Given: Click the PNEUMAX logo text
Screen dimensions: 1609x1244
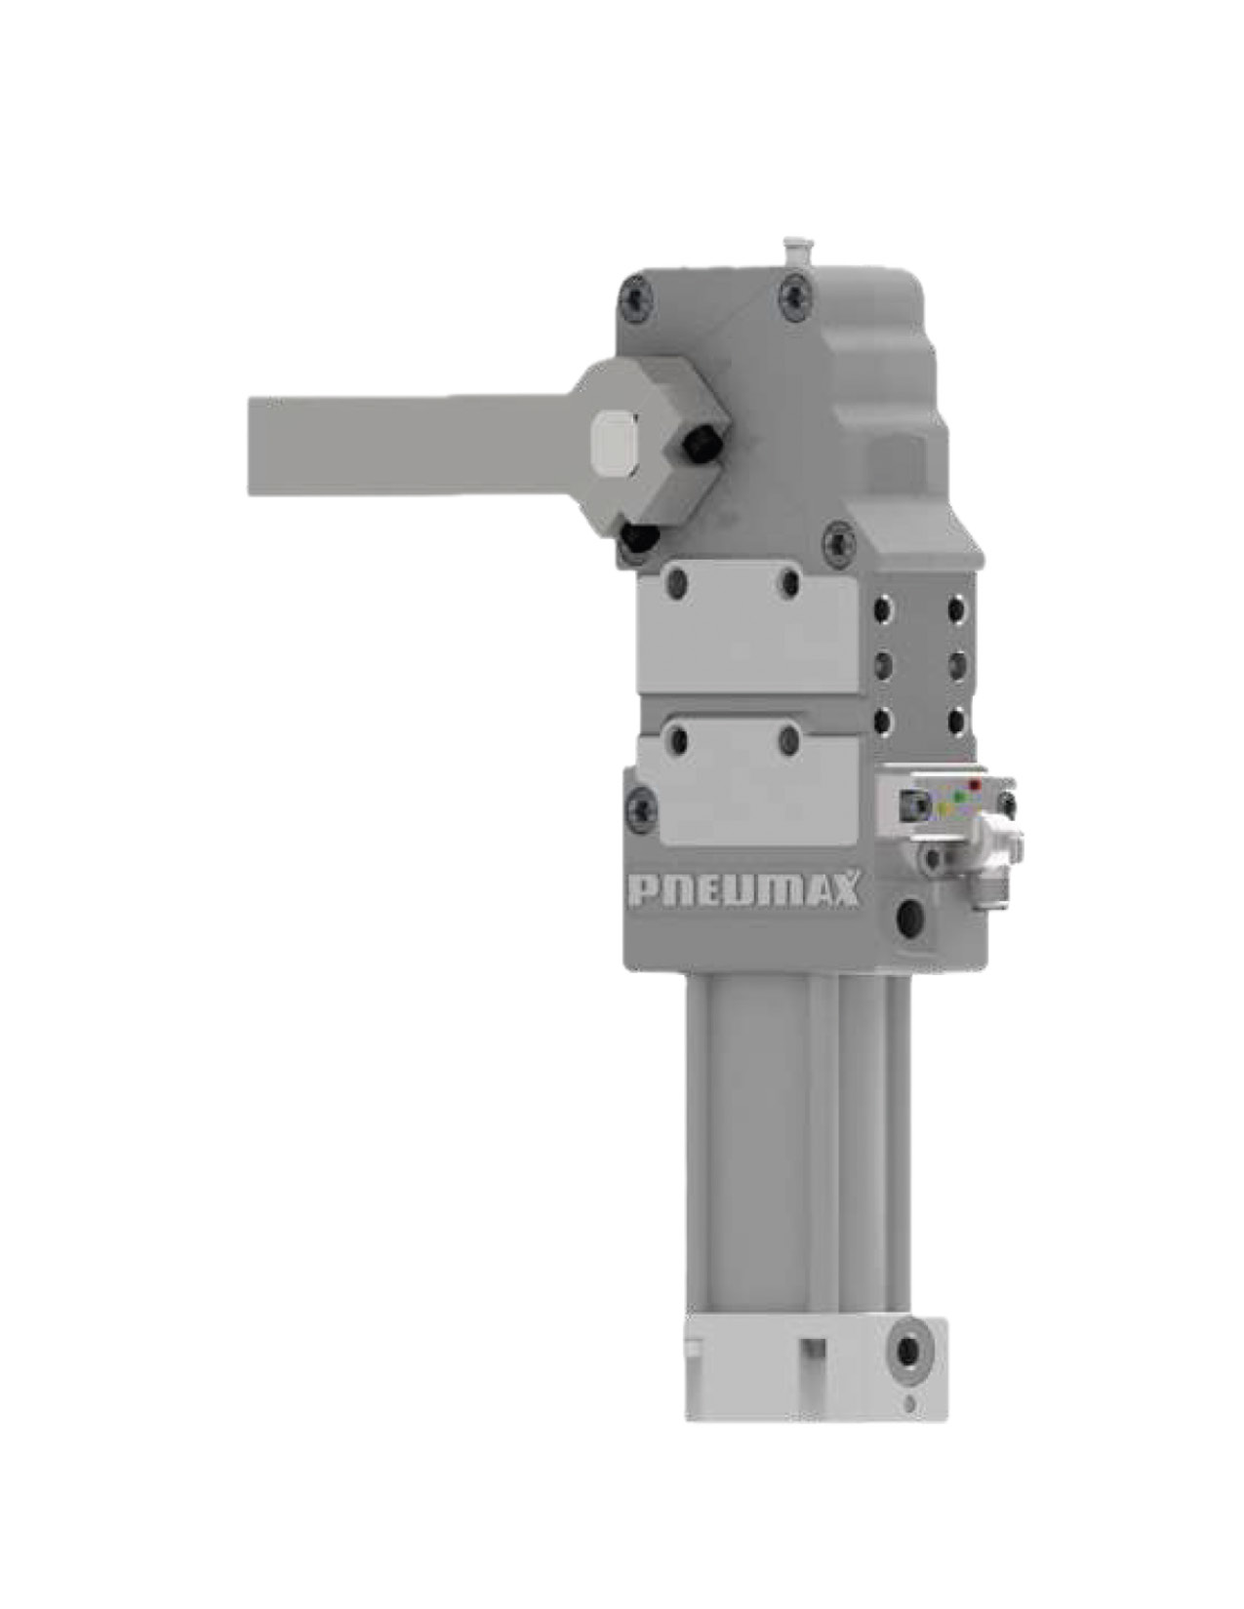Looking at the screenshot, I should click(743, 890).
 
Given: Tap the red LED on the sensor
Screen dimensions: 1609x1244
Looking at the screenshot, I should click(973, 785).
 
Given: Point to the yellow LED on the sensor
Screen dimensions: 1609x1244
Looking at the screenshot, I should click(943, 808).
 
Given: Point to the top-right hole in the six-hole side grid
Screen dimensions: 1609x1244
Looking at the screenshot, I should click(954, 610).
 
